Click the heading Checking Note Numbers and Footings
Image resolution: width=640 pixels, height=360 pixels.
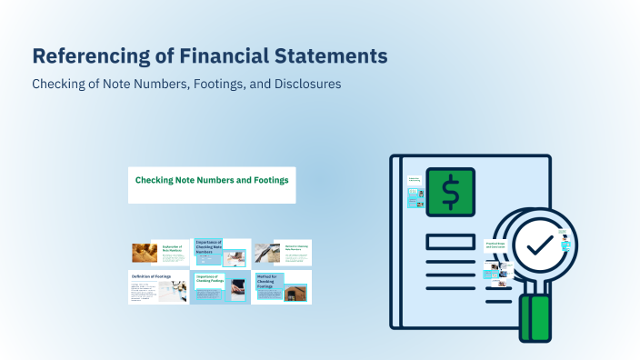(211, 180)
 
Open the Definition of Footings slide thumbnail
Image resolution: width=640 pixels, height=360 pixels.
(159, 287)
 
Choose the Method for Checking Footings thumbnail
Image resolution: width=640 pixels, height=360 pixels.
(282, 287)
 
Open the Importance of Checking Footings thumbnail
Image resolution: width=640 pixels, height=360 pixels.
(221, 287)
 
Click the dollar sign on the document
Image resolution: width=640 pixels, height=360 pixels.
(450, 193)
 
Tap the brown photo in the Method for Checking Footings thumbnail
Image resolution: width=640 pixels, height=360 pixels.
(295, 293)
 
